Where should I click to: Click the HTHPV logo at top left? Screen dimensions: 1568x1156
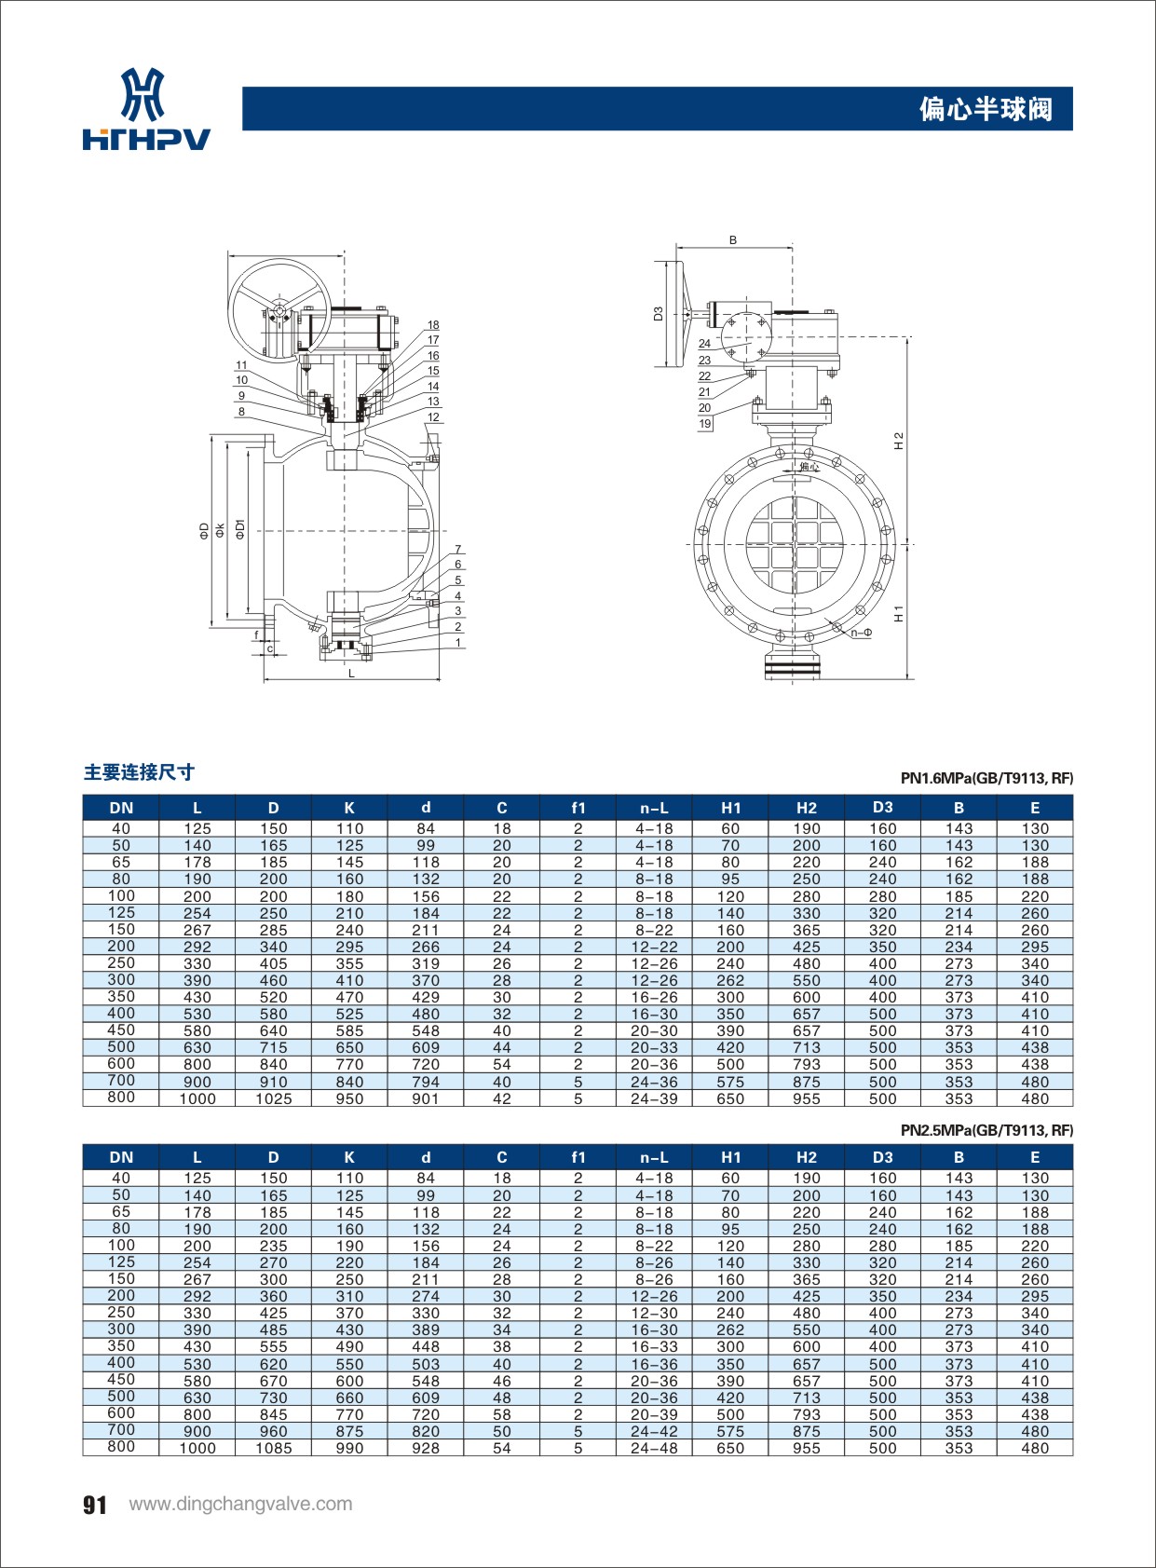146,109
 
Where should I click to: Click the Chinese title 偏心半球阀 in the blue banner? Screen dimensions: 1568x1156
986,109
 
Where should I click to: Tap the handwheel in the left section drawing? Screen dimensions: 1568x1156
279,308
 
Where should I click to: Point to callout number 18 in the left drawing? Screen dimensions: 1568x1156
433,325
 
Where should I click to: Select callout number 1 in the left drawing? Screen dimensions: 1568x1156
458,642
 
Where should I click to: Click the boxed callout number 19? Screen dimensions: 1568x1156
705,424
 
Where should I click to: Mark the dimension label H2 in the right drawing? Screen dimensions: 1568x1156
899,441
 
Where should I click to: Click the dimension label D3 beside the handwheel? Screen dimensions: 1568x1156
658,314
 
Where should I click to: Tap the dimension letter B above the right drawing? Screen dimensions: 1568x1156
733,240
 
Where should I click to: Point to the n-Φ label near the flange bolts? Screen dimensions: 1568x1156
861,633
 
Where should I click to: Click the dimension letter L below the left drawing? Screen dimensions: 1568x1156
351,673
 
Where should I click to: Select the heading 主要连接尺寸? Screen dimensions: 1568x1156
140,772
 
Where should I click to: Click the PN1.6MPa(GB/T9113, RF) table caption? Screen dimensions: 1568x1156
986,778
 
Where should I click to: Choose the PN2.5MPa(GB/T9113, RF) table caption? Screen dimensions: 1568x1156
986,1130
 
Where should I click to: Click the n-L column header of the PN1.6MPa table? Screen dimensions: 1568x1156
654,808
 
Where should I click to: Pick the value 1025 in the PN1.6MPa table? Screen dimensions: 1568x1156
273,1098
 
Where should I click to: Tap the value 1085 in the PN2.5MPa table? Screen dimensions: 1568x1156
273,1448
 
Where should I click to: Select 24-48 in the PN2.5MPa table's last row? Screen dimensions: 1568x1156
654,1448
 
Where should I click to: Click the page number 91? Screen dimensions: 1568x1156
95,1506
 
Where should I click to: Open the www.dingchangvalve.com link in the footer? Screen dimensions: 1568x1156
240,1504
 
